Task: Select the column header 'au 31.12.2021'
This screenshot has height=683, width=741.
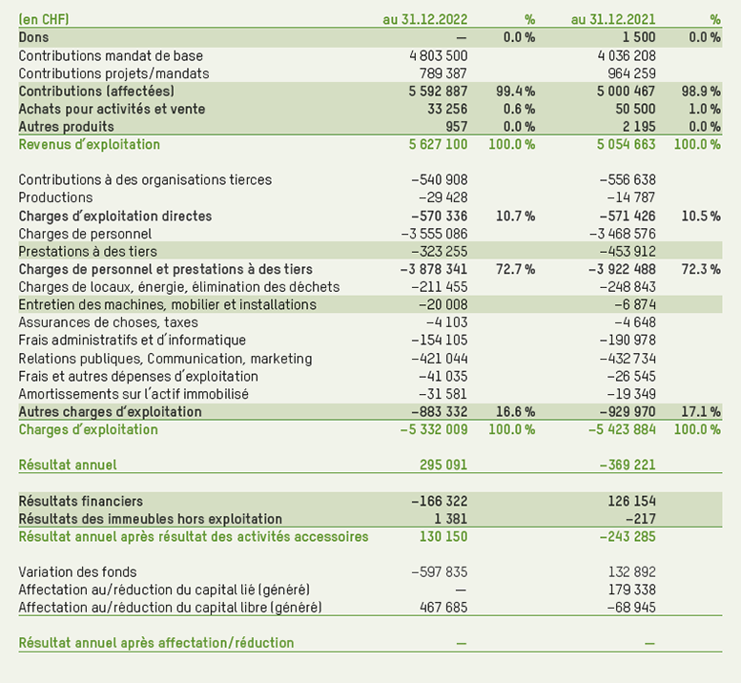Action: click(x=612, y=19)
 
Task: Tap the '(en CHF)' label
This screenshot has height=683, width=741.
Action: click(x=43, y=19)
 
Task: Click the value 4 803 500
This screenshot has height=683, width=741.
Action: click(x=438, y=55)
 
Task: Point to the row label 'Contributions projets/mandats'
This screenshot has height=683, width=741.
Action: click(x=113, y=73)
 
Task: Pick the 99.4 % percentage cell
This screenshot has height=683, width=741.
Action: click(x=516, y=92)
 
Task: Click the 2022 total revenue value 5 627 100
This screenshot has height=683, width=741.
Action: click(x=438, y=145)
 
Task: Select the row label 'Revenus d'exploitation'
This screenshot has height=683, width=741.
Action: click(x=90, y=145)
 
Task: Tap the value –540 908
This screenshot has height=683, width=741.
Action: click(x=439, y=180)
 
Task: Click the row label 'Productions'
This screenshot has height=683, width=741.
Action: click(x=55, y=197)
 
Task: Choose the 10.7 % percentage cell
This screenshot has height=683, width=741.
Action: click(x=516, y=217)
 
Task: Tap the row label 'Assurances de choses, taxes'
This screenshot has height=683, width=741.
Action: click(x=109, y=322)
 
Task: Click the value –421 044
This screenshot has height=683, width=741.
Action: click(x=439, y=359)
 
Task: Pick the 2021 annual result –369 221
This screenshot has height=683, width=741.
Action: click(x=626, y=465)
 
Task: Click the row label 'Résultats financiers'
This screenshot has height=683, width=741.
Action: click(x=80, y=501)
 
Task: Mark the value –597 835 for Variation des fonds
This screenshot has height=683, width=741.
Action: click(x=439, y=572)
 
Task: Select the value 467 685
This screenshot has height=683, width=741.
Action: click(x=443, y=608)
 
